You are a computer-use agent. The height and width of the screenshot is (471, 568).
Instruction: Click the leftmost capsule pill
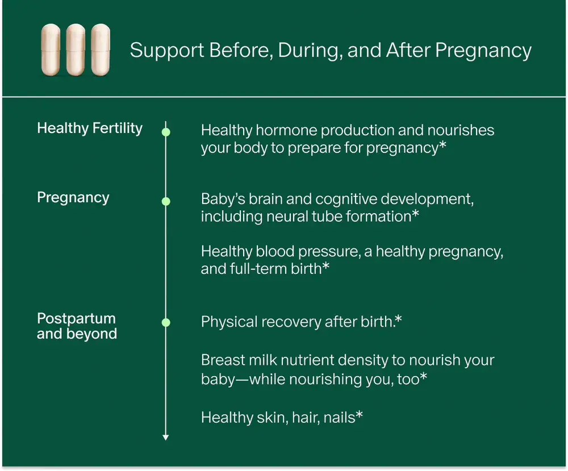(x=51, y=50)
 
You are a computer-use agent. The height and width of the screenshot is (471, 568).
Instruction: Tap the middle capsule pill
(x=76, y=50)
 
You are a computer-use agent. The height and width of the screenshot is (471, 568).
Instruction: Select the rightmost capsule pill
(x=101, y=50)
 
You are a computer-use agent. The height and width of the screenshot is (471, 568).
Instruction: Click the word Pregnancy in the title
(x=483, y=51)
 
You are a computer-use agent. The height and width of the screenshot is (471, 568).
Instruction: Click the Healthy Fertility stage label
(x=90, y=128)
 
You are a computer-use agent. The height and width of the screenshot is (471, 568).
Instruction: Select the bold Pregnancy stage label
(x=73, y=198)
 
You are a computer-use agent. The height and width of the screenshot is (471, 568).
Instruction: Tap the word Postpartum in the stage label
(x=77, y=319)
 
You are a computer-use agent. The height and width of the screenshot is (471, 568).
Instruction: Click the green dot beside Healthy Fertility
(x=166, y=132)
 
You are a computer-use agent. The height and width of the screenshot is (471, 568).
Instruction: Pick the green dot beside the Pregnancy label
(x=166, y=201)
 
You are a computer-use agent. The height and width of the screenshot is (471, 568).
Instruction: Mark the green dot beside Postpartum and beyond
(x=166, y=322)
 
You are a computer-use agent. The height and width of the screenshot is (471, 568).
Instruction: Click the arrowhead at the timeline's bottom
(x=165, y=437)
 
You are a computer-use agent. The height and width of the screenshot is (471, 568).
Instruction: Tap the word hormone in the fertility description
(x=286, y=130)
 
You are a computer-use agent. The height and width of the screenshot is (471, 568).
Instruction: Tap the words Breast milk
(x=239, y=360)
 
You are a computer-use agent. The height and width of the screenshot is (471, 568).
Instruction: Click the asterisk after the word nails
(x=359, y=415)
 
